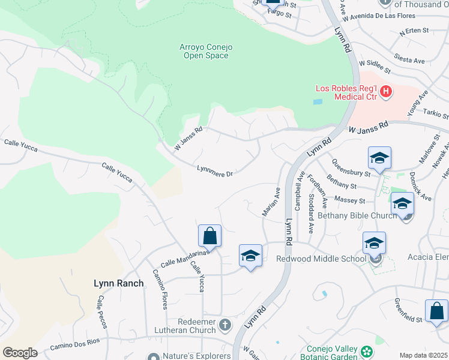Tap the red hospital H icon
[386, 92]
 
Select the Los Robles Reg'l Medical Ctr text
[347, 93]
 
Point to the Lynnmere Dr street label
[215, 172]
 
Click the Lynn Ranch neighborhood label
[118, 283]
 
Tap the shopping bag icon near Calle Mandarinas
[209, 236]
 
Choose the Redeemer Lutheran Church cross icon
[225, 326]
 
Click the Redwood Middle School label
[321, 259]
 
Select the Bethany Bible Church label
[357, 215]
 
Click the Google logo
[20, 353]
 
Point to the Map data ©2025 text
[423, 355]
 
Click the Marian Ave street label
[271, 202]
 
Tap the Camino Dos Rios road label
[77, 346]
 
